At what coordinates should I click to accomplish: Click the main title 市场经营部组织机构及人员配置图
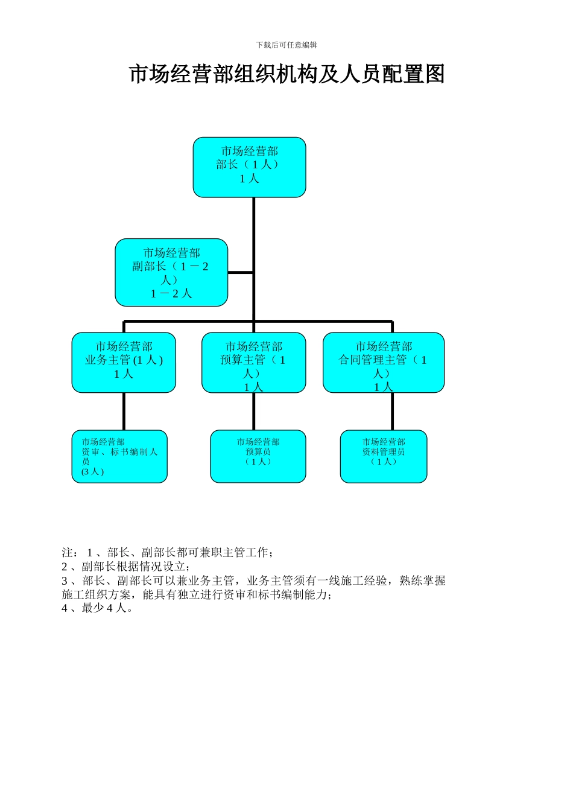point(286,74)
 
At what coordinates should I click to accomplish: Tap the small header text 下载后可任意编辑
point(286,45)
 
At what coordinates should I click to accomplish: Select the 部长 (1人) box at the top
point(249,167)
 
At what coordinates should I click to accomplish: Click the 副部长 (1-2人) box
point(171,273)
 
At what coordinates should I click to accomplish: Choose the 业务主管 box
point(124,363)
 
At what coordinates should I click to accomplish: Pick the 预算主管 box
point(253,363)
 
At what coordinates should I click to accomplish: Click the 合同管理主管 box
point(384,363)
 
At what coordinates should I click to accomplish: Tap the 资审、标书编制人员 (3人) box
point(119,456)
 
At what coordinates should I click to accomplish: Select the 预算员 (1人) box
point(258,456)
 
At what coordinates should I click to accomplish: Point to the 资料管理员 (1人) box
point(384,456)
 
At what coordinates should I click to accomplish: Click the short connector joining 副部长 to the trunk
point(241,273)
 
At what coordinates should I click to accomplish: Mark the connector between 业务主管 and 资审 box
point(124,412)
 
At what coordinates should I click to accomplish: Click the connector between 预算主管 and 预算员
point(253,412)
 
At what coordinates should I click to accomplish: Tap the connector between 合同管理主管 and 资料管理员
point(392,412)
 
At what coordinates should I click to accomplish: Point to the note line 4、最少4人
point(97,608)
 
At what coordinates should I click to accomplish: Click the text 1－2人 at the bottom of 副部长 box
point(171,294)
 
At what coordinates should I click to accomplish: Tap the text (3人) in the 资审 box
point(92,472)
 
